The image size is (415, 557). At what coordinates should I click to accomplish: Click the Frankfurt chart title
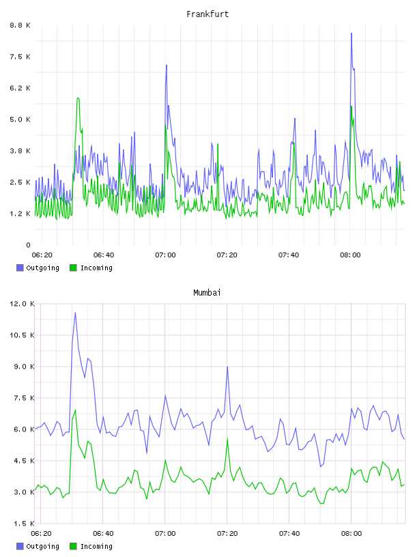[x=207, y=14]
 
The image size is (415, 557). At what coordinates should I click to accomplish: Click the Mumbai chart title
[x=207, y=293]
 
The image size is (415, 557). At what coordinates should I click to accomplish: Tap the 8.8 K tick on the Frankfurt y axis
[x=20, y=25]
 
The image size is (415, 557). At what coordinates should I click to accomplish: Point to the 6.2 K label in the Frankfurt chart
[x=20, y=88]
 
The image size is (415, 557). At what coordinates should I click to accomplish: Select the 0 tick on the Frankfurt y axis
[x=29, y=245]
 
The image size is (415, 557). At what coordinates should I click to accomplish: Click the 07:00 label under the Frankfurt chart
[x=165, y=255]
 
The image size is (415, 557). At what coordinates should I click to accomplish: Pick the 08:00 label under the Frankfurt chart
[x=350, y=255]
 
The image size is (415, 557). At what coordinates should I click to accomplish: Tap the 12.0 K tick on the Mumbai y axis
[x=22, y=304]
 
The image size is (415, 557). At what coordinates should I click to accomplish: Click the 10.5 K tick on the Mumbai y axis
[x=22, y=335]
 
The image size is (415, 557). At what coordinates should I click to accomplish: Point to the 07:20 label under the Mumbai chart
[x=227, y=533]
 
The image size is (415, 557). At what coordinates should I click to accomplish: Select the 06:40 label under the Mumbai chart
[x=103, y=533]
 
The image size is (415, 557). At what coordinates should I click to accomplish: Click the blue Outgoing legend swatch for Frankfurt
[x=20, y=268]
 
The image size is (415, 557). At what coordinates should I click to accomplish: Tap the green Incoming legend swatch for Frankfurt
[x=73, y=268]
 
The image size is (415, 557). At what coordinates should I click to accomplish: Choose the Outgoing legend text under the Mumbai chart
[x=42, y=546]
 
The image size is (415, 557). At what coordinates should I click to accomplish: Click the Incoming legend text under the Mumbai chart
[x=96, y=546]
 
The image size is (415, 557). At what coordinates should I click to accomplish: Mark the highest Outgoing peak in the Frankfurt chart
[x=352, y=33]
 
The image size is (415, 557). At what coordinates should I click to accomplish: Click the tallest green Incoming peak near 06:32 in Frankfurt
[x=78, y=98]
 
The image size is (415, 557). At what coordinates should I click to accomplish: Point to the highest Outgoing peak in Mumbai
[x=75, y=313]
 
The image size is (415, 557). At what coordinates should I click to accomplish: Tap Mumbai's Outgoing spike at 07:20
[x=227, y=367]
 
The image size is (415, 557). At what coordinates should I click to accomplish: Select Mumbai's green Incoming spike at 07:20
[x=227, y=438]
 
